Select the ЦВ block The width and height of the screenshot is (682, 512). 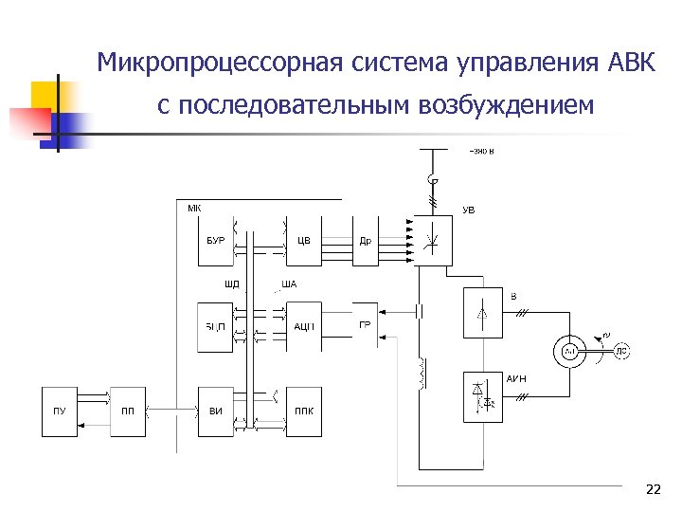pos(304,241)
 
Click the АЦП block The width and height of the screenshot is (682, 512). pos(304,327)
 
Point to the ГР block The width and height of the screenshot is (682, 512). pos(365,325)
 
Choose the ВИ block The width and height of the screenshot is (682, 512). pos(215,411)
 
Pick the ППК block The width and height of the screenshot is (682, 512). pos(304,411)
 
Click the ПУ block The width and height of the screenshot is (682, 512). pos(60,411)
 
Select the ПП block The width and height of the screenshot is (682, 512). pos(127,411)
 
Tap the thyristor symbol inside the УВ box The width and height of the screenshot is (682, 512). pos(434,239)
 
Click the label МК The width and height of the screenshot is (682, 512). pos(193,209)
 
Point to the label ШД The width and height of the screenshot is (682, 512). pos(232,284)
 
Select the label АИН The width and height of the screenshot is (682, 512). pos(515,379)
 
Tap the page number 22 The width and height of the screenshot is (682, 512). pos(652,489)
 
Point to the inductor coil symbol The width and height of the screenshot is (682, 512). pos(418,374)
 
